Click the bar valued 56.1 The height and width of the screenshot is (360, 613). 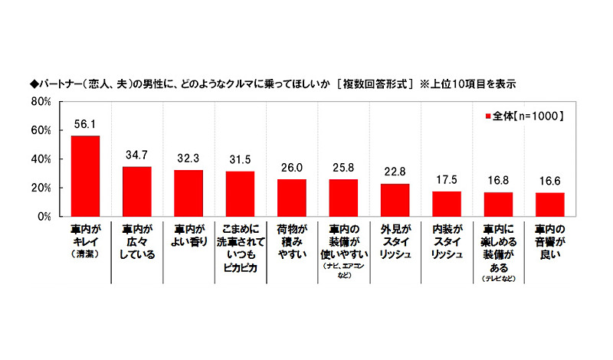(85, 176)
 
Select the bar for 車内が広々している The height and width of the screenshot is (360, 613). (136, 191)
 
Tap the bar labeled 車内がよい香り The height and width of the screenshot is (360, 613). (188, 193)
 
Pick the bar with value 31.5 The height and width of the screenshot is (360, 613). (240, 194)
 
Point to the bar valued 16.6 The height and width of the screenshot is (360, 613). (549, 205)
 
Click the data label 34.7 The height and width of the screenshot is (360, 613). (136, 155)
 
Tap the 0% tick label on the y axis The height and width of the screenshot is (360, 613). (44, 217)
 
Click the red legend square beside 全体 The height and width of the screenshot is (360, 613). (488, 116)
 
